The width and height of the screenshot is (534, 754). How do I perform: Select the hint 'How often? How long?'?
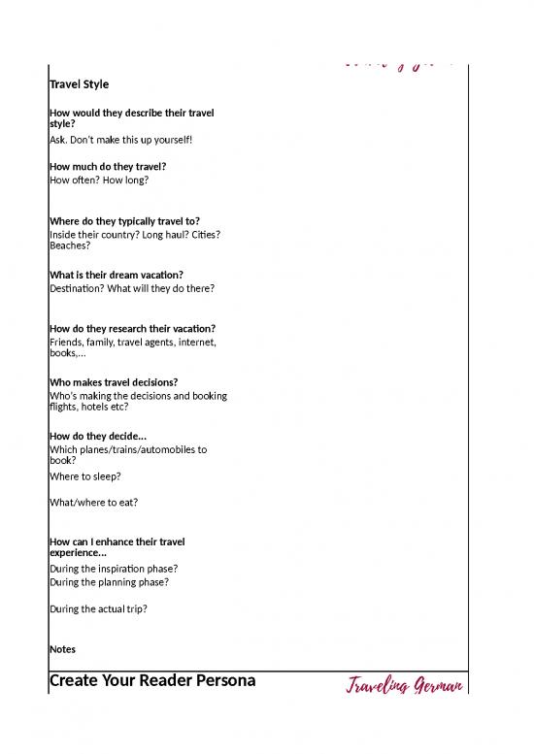pyautogui.click(x=99, y=180)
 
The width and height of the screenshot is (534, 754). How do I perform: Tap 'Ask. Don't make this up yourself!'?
pyautogui.click(x=120, y=140)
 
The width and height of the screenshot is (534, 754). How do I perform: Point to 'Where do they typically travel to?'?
pyautogui.click(x=124, y=220)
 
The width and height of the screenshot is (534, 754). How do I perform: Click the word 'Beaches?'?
pyautogui.click(x=73, y=246)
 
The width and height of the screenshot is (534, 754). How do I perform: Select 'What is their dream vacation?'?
pyautogui.click(x=117, y=275)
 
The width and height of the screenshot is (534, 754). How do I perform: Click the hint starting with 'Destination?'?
pyautogui.click(x=132, y=288)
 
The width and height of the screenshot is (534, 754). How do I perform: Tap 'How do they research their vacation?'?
pyautogui.click(x=132, y=328)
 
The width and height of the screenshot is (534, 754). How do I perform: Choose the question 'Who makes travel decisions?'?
pyautogui.click(x=114, y=382)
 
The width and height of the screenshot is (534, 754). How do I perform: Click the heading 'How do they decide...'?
pyautogui.click(x=98, y=436)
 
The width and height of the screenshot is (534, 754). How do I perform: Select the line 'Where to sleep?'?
pyautogui.click(x=85, y=476)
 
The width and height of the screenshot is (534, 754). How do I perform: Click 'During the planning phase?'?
pyautogui.click(x=109, y=582)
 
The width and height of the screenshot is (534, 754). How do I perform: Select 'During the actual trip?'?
pyautogui.click(x=98, y=609)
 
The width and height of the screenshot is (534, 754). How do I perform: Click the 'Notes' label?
pyautogui.click(x=62, y=649)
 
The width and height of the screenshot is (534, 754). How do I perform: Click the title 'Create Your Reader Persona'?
pyautogui.click(x=152, y=680)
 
